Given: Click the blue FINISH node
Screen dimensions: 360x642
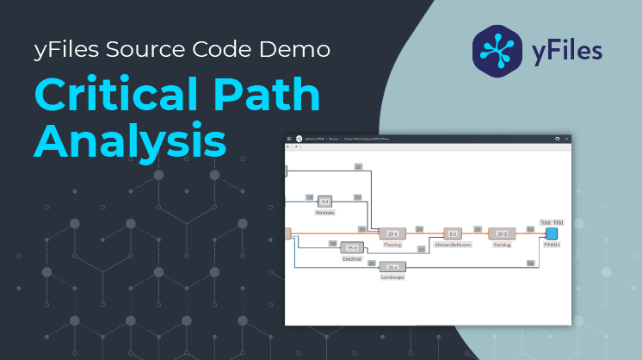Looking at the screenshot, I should (552, 233).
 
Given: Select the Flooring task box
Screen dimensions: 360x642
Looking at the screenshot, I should (392, 233).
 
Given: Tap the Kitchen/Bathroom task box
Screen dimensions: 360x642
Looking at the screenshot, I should (453, 233).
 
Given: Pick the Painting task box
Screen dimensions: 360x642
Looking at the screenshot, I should (502, 233).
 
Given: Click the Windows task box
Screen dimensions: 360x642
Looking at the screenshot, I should (324, 201).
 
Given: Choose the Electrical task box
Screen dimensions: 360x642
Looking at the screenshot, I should (351, 248).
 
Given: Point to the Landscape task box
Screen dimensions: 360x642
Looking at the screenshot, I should (392, 267).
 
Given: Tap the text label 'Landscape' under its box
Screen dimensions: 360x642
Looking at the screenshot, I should (392, 277).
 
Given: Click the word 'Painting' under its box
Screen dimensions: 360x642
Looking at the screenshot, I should (502, 245).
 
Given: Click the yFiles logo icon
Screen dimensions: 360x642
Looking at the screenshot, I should (498, 47).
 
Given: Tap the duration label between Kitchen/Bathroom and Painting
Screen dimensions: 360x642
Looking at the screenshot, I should (478, 229).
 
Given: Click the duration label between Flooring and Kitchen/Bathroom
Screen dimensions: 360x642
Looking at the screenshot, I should (419, 229).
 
